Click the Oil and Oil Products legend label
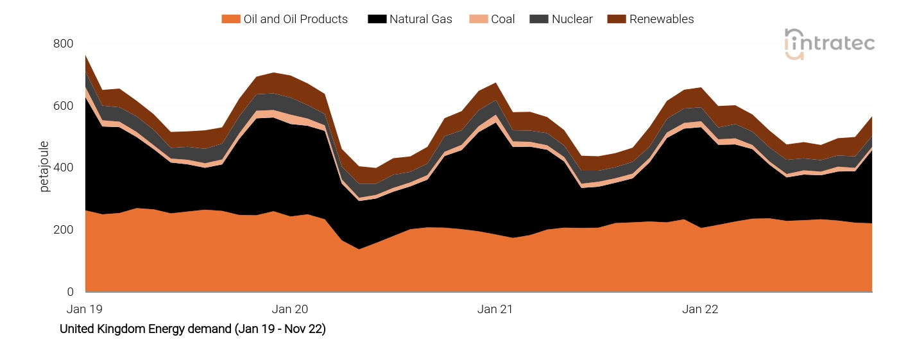(295, 19)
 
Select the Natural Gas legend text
(420, 19)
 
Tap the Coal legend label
(502, 19)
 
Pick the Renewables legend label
(661, 19)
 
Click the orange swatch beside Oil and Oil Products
(230, 19)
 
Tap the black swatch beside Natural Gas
(376, 19)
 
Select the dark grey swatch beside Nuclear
(537, 19)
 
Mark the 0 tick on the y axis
(70, 292)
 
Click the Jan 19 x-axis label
(85, 309)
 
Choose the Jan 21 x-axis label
(495, 309)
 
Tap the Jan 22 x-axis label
(700, 309)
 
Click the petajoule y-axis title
(44, 167)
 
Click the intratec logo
(829, 44)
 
